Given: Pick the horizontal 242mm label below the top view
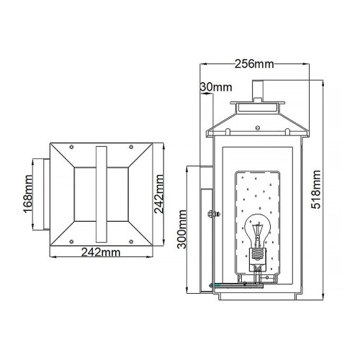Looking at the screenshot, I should pyautogui.click(x=101, y=253).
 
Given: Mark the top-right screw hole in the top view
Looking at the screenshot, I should pyautogui.click(x=131, y=150).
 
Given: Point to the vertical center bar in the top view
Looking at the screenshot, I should pyautogui.click(x=101, y=194).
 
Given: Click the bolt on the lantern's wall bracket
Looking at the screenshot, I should pyautogui.click(x=209, y=213).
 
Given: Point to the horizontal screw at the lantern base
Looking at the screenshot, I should pyautogui.click(x=230, y=284).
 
